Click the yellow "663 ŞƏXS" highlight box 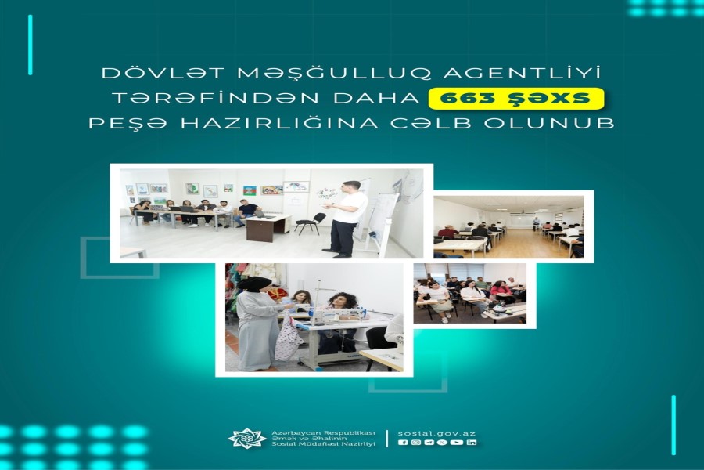click(516, 99)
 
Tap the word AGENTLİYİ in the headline click(523, 73)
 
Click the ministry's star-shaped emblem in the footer click(246, 439)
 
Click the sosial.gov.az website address click(436, 433)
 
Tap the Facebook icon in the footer click(403, 443)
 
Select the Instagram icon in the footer click(416, 443)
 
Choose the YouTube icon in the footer click(457, 443)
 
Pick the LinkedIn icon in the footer click(472, 443)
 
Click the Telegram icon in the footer click(429, 443)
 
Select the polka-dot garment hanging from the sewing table click(288, 337)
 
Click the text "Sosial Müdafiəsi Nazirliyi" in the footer click(323, 444)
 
